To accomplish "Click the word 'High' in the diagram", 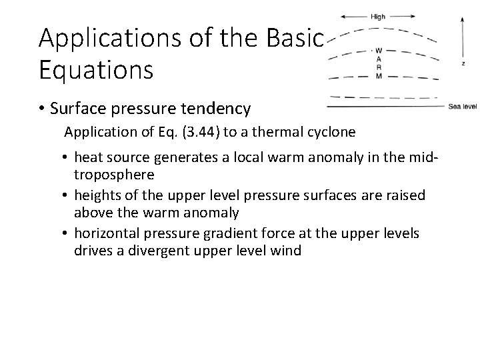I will pos(378,17).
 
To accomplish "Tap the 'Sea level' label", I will pos(462,106).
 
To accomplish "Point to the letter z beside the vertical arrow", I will pos(463,64).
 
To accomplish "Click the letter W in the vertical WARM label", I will pos(378,51).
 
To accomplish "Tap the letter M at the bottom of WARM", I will pos(378,76).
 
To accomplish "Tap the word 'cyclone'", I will pos(331,132).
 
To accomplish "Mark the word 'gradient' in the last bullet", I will pos(277,233).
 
